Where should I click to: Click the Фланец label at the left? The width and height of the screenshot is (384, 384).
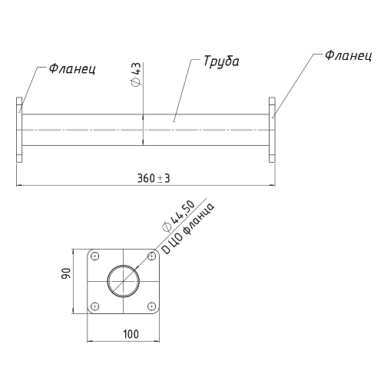point(72,69)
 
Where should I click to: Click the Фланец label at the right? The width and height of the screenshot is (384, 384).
point(348,55)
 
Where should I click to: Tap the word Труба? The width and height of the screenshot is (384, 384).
point(221,61)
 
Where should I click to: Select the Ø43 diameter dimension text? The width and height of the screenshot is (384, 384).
point(135,74)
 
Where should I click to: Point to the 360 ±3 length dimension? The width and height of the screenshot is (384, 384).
point(154,178)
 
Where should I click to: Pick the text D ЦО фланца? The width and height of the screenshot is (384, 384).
point(188,228)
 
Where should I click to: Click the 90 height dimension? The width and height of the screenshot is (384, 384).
point(66,273)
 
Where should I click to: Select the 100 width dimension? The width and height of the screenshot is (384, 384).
point(131,334)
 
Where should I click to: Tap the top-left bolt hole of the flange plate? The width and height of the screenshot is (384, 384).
point(95,256)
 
